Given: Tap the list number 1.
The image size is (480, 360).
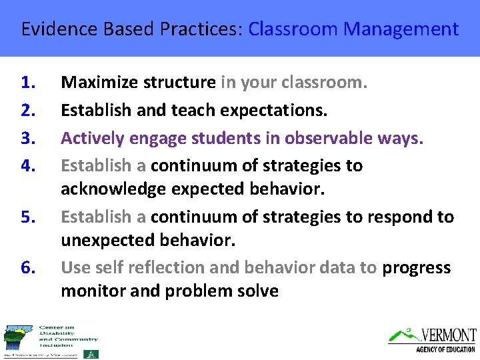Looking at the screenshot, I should pos(27,83).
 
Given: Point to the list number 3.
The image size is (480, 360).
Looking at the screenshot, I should pos(27,137).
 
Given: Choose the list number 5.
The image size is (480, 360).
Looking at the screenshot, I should pos(27,217).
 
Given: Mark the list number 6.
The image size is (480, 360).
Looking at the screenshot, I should pos(27,267).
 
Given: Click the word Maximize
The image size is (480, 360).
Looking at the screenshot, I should pos(95,83).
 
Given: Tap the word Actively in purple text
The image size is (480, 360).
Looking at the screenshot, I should pos(90,137).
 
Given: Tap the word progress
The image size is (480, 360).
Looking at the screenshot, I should pos(416,267).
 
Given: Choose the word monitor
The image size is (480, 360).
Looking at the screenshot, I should pos(90,291).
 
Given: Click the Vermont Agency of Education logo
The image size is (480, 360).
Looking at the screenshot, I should pos(433,339).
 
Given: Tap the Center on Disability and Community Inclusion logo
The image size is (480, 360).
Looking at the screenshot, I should pos(50,341).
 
